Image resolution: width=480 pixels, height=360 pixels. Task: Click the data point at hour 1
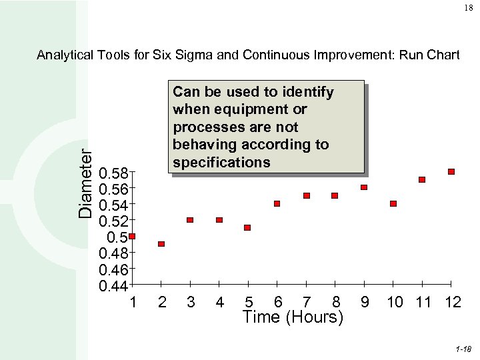pos(132,236)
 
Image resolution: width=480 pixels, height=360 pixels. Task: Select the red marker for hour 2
pos(161,244)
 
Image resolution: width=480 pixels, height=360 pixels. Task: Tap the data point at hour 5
pos(247,227)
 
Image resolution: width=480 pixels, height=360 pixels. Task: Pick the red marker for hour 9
pos(364,187)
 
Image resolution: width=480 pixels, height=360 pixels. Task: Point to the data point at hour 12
pos(451,171)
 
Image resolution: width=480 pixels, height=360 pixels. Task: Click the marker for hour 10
pos(393,203)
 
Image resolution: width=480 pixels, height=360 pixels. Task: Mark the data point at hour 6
pos(277,203)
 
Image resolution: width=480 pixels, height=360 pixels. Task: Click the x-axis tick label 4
pos(219,303)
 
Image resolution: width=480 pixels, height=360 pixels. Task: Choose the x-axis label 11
pos(423,303)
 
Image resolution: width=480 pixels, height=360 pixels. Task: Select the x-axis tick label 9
pos(365,303)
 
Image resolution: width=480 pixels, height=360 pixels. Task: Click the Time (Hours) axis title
pos(293,317)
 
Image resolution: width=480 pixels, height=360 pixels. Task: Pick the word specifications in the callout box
pos(221,163)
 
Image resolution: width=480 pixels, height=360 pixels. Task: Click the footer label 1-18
pos(463,349)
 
